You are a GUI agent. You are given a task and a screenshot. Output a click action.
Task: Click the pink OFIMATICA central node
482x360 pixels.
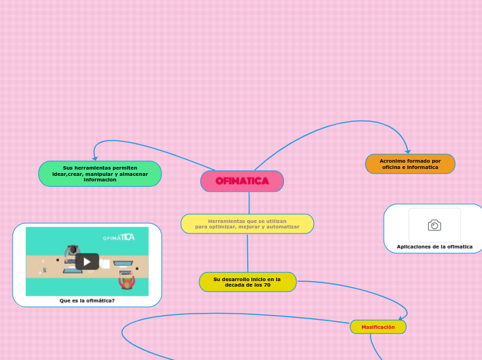(242, 181)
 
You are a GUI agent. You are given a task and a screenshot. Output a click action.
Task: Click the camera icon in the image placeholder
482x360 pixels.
(434, 225)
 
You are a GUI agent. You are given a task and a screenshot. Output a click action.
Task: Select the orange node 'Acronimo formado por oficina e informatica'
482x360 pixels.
(410, 164)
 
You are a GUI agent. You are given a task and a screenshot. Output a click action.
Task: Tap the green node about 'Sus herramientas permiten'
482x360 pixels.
(100, 174)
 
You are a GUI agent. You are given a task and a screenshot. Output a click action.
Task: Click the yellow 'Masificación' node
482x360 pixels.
(377, 327)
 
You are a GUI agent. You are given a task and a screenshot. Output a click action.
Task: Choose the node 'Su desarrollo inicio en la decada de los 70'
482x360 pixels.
(247, 282)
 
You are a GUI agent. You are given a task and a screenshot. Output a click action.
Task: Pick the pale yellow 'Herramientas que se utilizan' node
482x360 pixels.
(247, 224)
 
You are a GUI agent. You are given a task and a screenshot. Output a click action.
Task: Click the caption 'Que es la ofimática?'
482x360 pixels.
(87, 301)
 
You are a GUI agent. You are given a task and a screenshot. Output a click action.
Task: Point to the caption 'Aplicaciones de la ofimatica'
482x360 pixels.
(434, 246)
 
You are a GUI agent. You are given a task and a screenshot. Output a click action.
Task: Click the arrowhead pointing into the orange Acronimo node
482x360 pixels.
(408, 151)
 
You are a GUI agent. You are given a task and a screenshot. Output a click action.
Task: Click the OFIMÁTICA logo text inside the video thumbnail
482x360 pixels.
(118, 237)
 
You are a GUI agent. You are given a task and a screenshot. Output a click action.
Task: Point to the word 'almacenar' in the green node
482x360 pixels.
(134, 174)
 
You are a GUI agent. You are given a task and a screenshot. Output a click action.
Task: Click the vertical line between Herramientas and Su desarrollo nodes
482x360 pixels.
(247, 253)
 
